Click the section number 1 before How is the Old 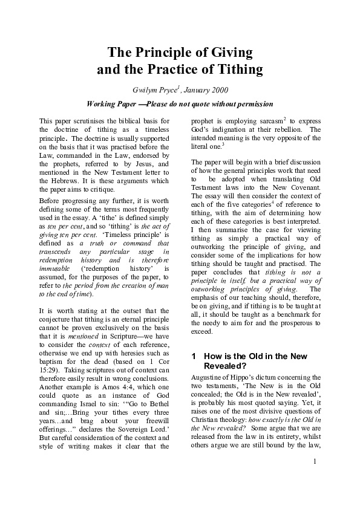click(x=194, y=356)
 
